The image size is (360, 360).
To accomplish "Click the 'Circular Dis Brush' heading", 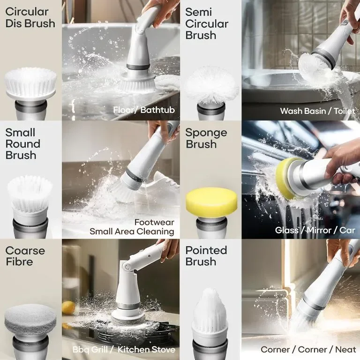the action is [x=30, y=18].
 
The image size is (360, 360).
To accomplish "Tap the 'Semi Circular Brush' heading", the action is [x=207, y=23].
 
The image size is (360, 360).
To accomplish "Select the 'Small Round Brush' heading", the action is [x=22, y=144].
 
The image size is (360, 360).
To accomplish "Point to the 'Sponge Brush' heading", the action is [x=206, y=138].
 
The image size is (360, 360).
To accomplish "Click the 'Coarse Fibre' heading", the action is [x=25, y=256].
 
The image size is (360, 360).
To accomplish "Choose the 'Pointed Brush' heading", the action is [x=206, y=256].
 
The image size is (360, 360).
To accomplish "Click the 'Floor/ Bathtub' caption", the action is [x=144, y=110].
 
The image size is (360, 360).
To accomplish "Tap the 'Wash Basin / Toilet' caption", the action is [x=317, y=111].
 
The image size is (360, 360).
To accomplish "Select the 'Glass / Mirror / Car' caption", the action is [x=315, y=230].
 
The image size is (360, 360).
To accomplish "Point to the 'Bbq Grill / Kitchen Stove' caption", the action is [x=124, y=350].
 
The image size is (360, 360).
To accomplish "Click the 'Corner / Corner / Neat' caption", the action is [x=308, y=350].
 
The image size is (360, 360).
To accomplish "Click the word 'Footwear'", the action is [x=154, y=222].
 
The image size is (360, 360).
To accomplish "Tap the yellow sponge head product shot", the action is [x=211, y=202].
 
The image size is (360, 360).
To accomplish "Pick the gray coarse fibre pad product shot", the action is [x=30, y=320].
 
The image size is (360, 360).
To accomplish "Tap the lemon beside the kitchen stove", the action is [x=68, y=307].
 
